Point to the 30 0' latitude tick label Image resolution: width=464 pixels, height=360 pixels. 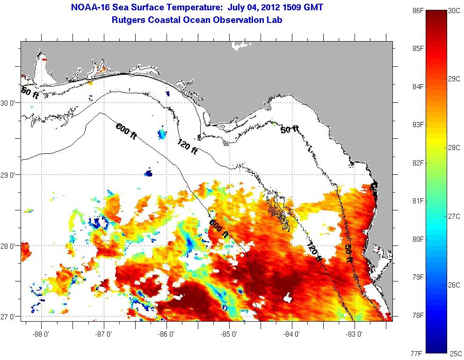(10, 103)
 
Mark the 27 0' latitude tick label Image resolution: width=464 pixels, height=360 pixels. (10, 317)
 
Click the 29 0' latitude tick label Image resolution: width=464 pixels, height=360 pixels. (10, 175)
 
